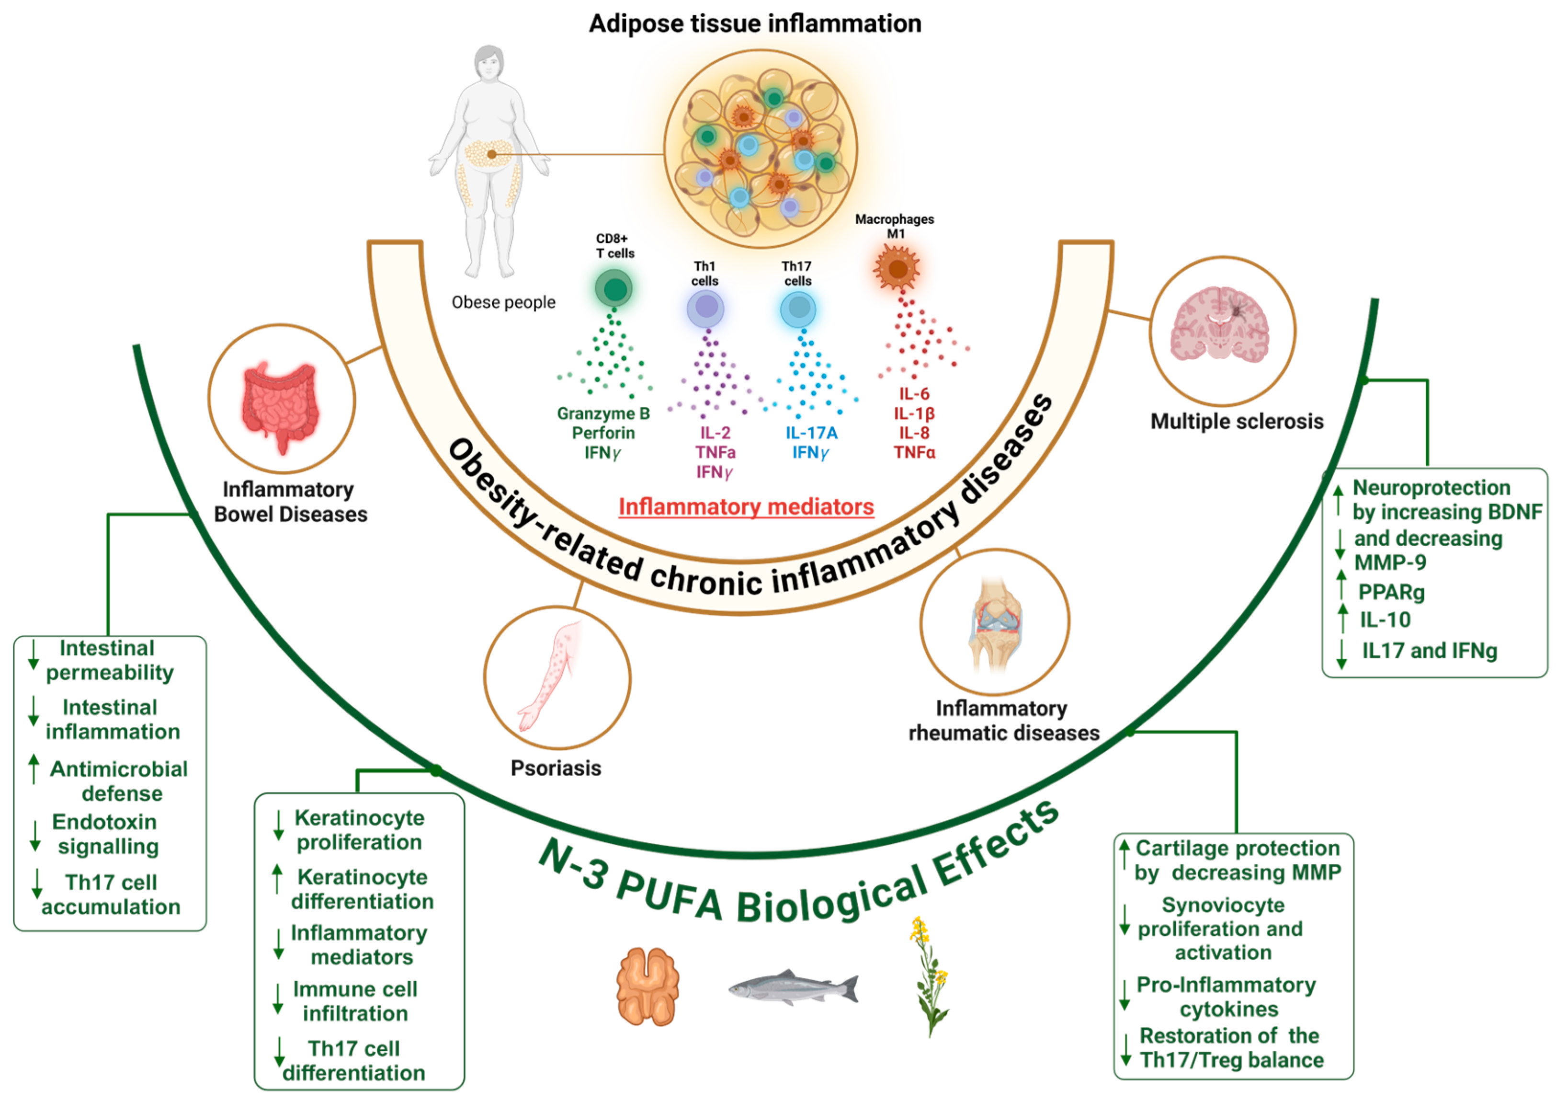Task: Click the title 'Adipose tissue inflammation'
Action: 754,24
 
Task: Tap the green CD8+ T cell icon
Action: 614,289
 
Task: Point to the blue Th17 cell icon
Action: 798,309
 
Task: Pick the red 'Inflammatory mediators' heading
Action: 746,507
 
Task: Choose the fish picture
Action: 793,987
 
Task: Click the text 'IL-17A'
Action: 811,433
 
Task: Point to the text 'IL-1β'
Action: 914,413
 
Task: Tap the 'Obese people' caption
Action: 503,303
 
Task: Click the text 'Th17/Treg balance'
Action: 1232,1060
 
